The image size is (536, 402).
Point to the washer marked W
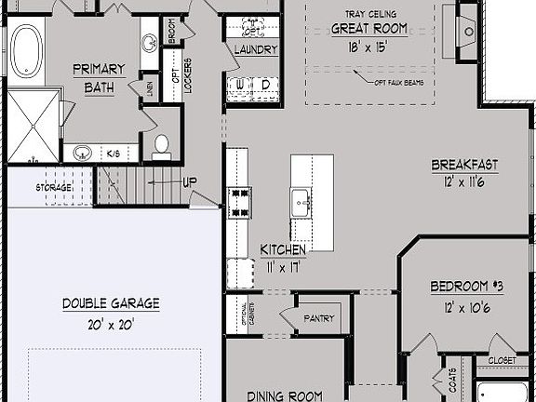tap(242, 85)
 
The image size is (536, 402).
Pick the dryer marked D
tap(265, 85)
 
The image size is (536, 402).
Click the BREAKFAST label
tap(463, 165)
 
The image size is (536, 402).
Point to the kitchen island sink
tap(301, 199)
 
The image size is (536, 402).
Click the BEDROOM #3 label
tap(466, 287)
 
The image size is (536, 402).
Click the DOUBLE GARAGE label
tap(111, 303)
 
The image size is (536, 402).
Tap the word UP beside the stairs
tap(189, 181)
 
